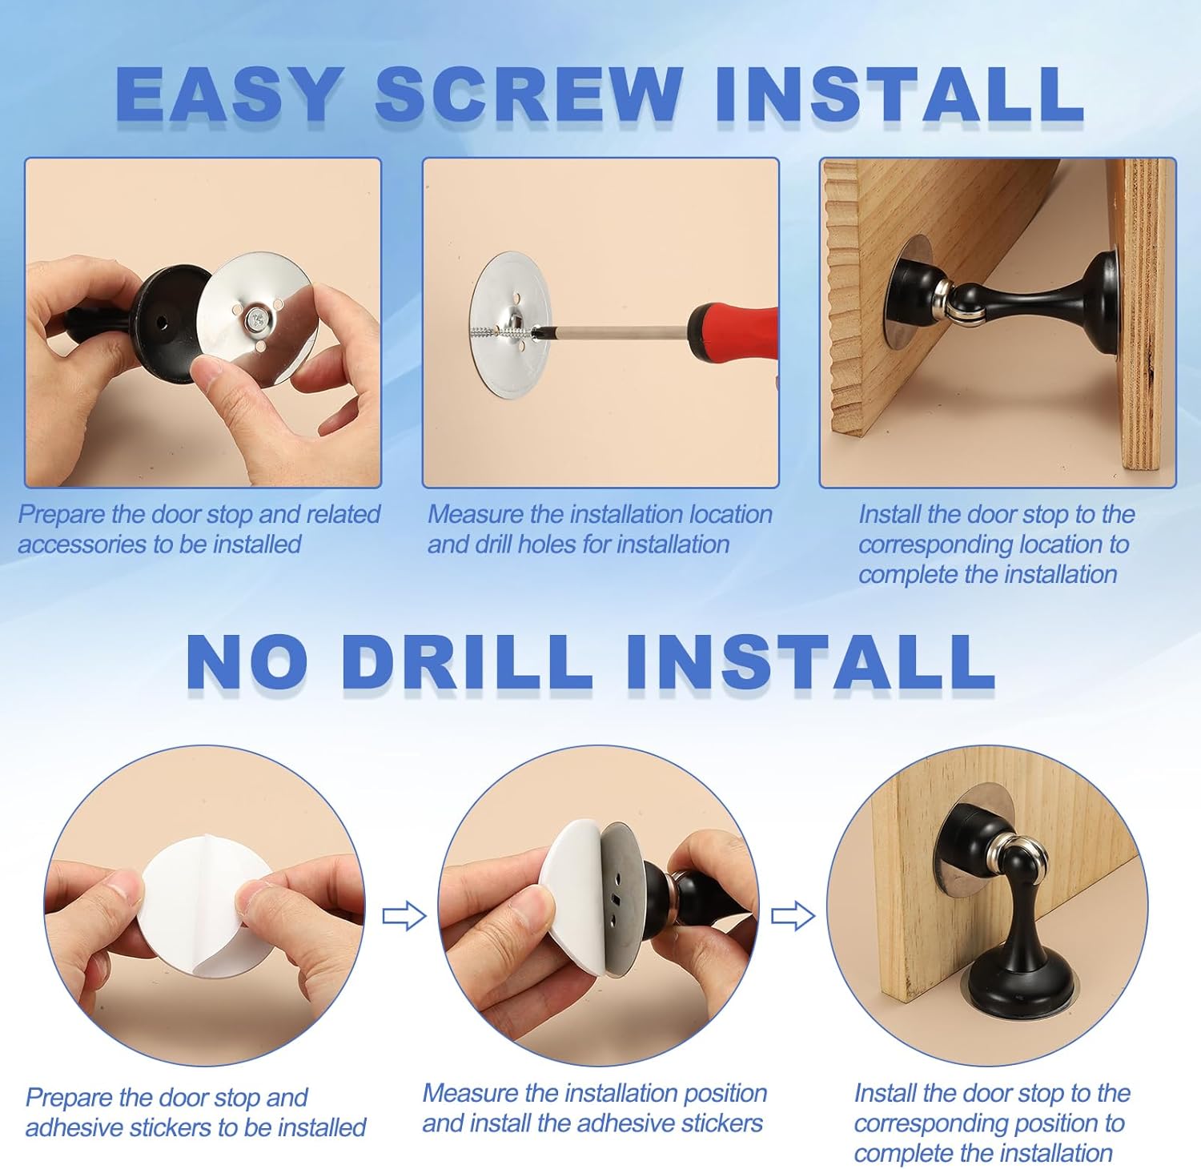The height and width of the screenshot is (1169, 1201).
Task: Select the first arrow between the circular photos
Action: [404, 916]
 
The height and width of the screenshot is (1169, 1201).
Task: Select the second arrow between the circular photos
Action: [793, 916]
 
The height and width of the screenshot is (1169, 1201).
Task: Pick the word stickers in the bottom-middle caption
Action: [720, 1123]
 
